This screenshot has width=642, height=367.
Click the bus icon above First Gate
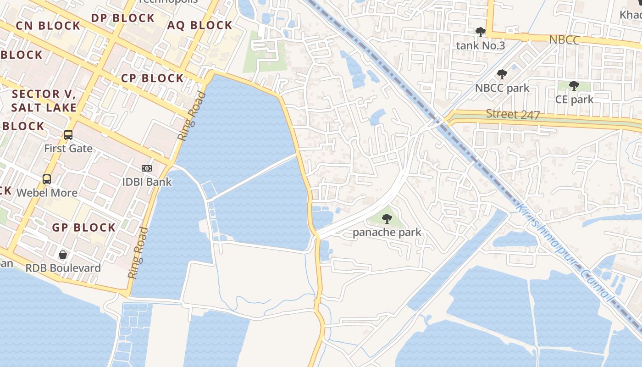tap(68, 135)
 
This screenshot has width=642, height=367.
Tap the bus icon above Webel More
tap(47, 179)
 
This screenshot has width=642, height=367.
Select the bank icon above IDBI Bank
tap(147, 168)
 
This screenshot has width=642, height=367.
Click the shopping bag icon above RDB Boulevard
tap(63, 254)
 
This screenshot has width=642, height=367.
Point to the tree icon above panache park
tap(387, 219)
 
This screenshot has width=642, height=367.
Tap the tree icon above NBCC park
tap(502, 74)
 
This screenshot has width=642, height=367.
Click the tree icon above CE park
tap(574, 86)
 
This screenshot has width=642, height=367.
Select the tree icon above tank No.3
tap(481, 32)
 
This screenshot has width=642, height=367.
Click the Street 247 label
tap(513, 114)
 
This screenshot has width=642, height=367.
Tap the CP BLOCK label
tap(153, 78)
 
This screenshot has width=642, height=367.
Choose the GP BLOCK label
tap(84, 228)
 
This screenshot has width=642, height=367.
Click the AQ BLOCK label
tap(200, 25)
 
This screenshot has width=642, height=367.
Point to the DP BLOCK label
tap(123, 18)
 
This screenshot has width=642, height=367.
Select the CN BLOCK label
tap(48, 26)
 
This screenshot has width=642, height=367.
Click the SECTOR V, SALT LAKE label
tap(44, 101)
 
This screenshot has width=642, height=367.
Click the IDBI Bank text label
tap(147, 182)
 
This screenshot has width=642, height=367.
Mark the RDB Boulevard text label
tap(63, 268)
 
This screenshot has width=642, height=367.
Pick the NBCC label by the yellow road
tap(565, 40)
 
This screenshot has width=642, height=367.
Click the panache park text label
tap(387, 233)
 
